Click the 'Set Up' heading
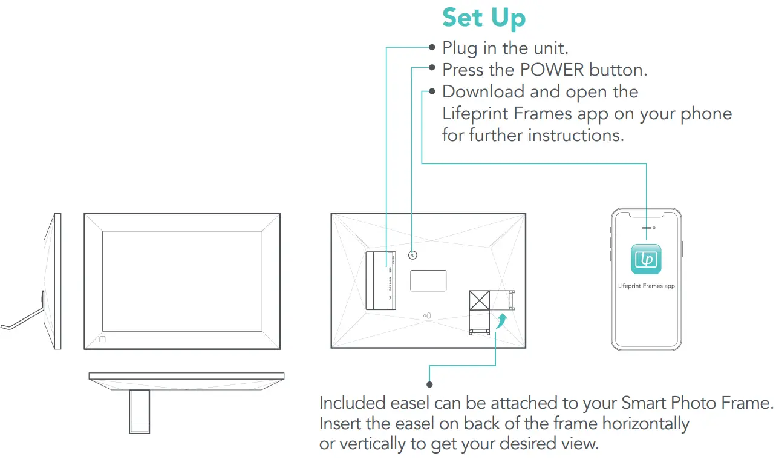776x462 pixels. (x=484, y=18)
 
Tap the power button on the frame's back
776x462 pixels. (x=412, y=256)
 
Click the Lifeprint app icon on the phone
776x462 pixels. (x=646, y=259)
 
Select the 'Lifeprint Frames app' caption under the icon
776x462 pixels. (x=646, y=286)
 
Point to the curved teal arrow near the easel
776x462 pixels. (x=500, y=320)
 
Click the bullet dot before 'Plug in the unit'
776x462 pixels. (x=432, y=47)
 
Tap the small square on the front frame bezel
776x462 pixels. (x=102, y=339)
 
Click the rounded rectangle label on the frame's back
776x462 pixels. (x=428, y=280)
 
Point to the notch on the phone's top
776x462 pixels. (x=646, y=214)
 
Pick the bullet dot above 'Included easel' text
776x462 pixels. (x=429, y=384)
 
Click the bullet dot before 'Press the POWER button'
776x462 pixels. (x=432, y=69)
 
